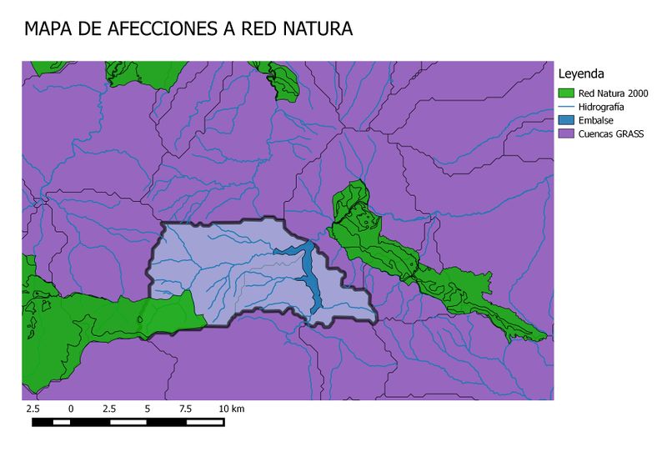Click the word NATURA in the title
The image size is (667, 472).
point(316,29)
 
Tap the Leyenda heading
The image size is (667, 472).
point(580,73)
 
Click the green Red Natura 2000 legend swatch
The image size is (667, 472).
point(567,93)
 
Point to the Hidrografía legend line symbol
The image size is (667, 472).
point(567,107)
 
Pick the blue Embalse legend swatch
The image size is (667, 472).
point(567,120)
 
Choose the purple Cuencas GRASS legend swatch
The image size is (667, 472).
point(567,133)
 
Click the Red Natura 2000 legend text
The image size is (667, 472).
point(613,93)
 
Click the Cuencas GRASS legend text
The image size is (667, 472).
point(611,133)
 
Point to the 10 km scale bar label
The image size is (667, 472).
point(232,409)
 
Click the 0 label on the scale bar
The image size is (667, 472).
point(71,409)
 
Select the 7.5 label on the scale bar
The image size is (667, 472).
point(185,409)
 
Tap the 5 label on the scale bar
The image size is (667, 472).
point(148,409)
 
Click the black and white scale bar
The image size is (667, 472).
point(128,422)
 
